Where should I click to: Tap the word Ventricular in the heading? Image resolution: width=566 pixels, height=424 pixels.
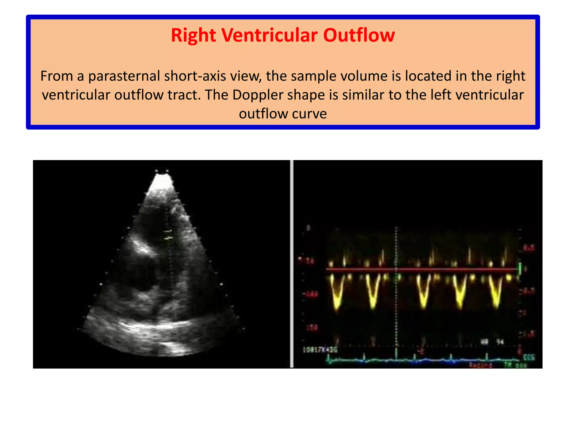point(269,35)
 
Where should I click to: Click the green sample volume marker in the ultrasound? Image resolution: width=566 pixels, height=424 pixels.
point(168,234)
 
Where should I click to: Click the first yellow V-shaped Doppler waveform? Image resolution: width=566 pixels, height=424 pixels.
point(337,293)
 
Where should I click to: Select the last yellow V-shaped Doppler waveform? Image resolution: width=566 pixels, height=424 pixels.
point(496,293)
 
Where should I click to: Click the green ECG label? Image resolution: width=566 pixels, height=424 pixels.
point(529,357)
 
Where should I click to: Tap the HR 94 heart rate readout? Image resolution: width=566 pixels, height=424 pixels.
point(492,342)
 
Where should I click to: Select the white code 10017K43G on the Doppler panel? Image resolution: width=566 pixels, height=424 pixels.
point(320,350)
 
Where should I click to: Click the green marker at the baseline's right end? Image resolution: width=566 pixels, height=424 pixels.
point(520,268)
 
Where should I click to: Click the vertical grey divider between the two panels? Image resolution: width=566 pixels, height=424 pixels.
point(292,264)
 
